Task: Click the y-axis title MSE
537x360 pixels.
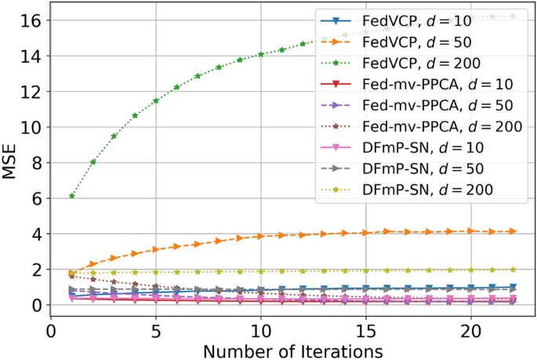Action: click(10, 155)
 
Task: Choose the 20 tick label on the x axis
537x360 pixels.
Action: click(471, 325)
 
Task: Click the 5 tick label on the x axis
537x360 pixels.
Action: click(156, 325)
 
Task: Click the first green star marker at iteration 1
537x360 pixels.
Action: click(72, 196)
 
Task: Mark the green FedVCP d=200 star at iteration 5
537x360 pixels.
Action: click(156, 100)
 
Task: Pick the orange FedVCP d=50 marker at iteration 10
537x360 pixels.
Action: click(261, 236)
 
